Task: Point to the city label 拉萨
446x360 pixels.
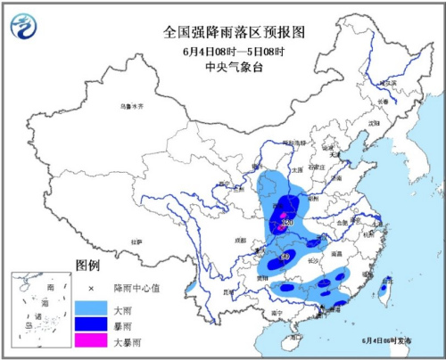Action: (136, 241)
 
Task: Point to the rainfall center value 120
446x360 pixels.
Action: (289, 222)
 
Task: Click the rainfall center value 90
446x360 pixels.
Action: (283, 258)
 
